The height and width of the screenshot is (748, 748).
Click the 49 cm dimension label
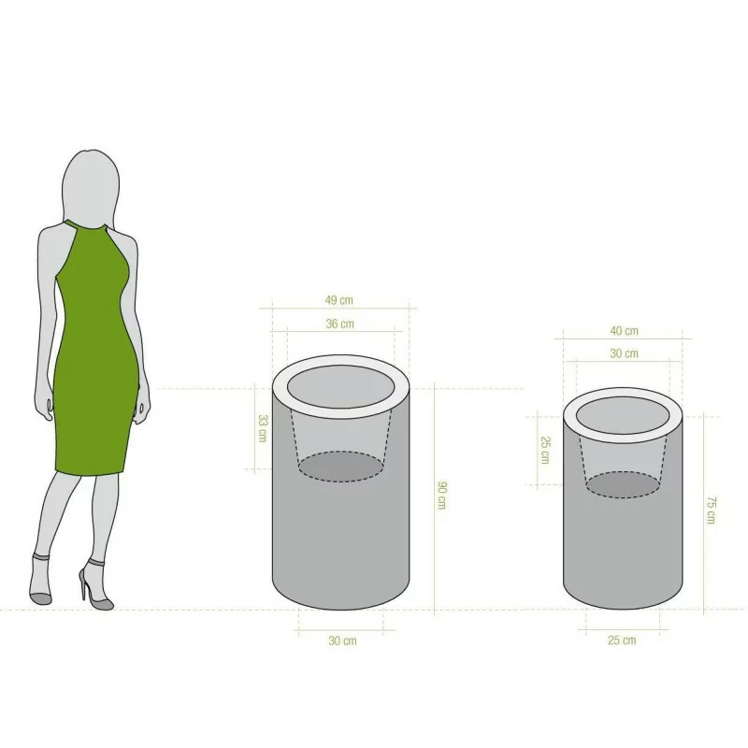339,300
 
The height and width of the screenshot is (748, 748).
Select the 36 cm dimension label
339,324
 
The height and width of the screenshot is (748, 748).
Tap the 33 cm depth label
263,428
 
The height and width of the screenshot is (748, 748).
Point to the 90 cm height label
441,496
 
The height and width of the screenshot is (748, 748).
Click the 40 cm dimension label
624,331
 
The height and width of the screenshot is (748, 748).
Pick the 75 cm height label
711,510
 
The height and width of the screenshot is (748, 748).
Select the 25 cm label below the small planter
622,640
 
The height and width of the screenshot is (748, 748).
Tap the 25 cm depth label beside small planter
545,450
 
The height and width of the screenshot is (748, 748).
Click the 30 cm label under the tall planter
342,640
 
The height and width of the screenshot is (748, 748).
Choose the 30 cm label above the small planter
624,353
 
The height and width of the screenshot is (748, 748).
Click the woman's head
91,186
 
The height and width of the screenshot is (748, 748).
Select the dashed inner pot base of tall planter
341,466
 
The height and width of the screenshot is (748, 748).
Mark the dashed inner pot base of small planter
623,484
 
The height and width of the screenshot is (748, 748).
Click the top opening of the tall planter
340,387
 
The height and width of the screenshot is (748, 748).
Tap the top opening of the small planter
623,415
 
